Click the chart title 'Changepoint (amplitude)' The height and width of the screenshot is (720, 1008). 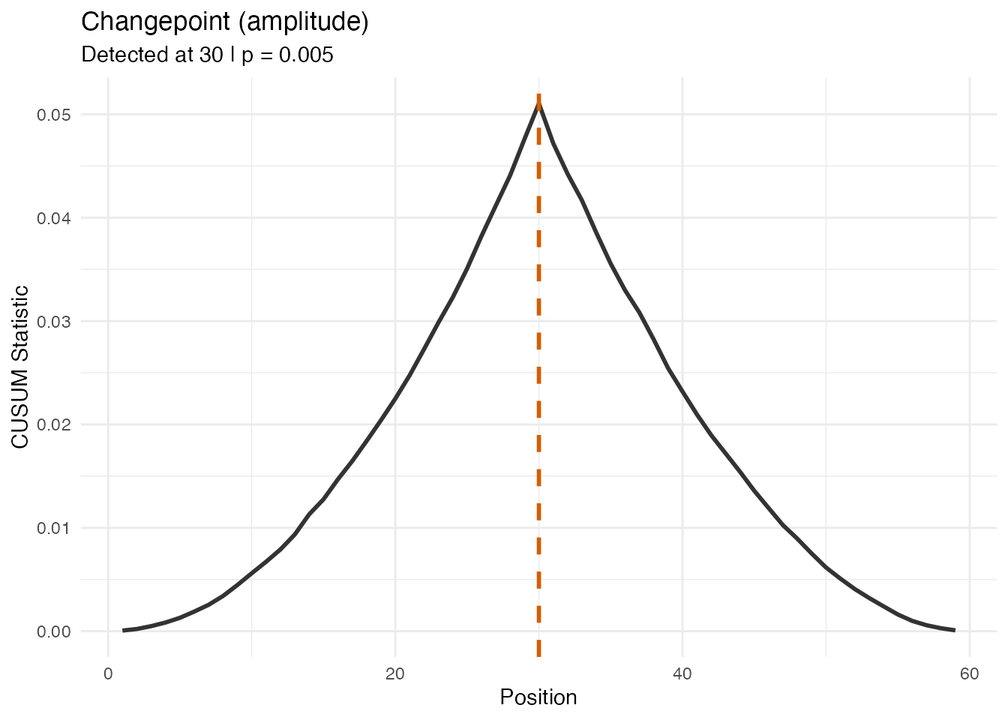224,22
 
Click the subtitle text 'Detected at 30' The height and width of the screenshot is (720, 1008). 151,55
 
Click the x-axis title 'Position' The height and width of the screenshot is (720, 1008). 538,697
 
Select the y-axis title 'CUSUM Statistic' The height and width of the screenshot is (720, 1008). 21,367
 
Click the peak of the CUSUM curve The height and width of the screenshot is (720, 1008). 538,104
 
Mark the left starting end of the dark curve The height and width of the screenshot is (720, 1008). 124,630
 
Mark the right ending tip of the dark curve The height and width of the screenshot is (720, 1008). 954,630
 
